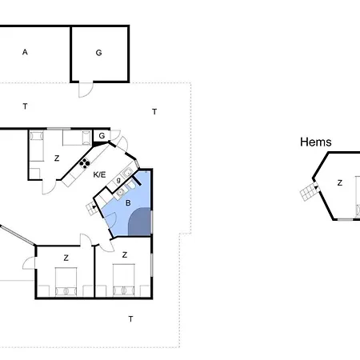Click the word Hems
tap(316, 142)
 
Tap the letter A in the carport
tap(25, 52)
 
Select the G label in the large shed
tap(98, 53)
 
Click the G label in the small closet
tap(102, 136)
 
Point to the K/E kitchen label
tap(99, 174)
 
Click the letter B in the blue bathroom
tap(128, 203)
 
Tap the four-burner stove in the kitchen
tap(84, 163)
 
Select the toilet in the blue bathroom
tap(131, 184)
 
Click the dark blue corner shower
tap(140, 222)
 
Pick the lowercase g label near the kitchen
tap(118, 180)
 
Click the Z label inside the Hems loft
tap(340, 183)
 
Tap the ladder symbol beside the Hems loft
tap(309, 191)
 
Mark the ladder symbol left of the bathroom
tap(92, 209)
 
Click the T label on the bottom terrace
tap(130, 319)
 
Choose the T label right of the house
tap(154, 112)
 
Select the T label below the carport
tap(25, 106)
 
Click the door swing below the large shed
tap(86, 90)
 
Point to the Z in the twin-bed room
tap(57, 158)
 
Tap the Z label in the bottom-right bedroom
tap(125, 255)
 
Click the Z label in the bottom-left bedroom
tap(66, 258)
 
